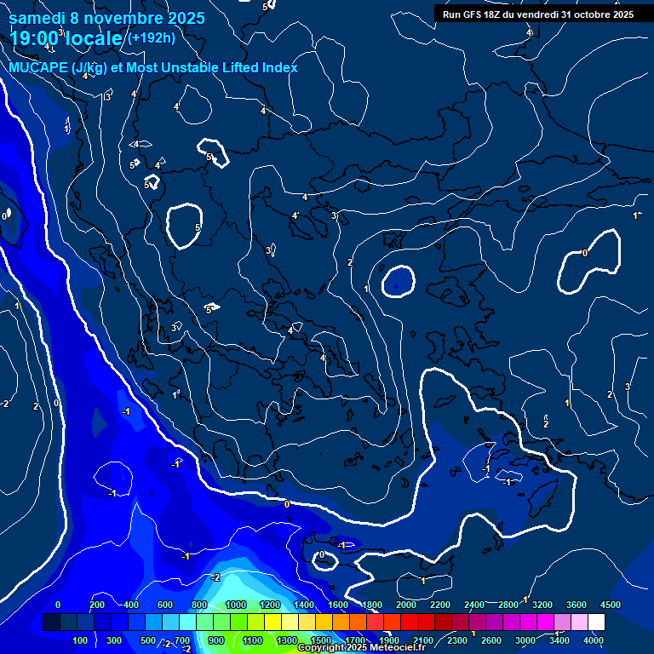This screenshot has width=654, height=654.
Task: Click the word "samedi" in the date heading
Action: [39, 18]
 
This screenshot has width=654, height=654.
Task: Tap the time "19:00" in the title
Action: [35, 38]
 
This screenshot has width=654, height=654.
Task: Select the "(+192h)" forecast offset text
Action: [152, 37]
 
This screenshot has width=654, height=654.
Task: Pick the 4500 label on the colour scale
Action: [610, 605]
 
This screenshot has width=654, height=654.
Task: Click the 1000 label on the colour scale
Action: [236, 605]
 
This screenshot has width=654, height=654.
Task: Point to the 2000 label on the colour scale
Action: [406, 605]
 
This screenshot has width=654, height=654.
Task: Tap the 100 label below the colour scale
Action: [80, 640]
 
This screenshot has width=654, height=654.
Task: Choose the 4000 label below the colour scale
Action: [594, 640]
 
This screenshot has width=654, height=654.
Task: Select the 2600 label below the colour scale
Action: [491, 640]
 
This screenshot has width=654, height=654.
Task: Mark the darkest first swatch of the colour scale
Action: [51, 622]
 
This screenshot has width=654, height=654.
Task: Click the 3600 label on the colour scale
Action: [577, 605]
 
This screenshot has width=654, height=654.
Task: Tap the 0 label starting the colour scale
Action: [58, 605]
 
